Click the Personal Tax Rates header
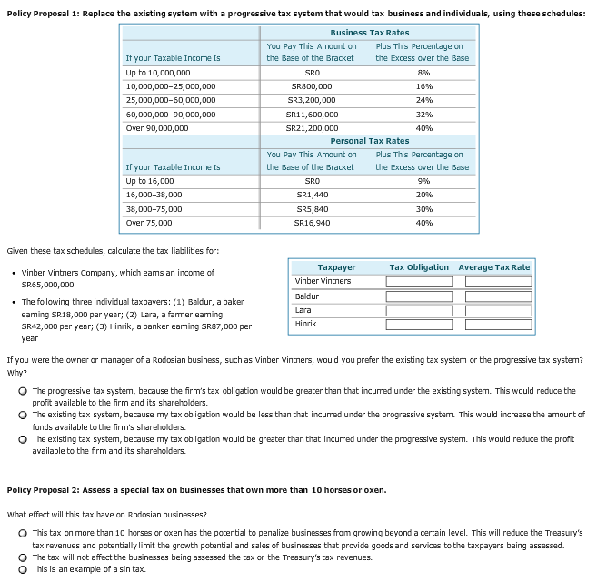[369, 141]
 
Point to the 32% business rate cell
[422, 115]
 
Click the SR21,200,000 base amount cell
[312, 128]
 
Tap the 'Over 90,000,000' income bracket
[157, 128]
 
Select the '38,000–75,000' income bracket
[154, 208]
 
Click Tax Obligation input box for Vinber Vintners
[417, 282]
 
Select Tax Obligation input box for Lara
[417, 311]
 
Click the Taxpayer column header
[336, 267]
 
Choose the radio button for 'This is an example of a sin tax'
[21, 569]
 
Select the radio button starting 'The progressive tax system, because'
[21, 391]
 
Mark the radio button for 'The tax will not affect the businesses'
[21, 557]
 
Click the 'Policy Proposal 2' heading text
[196, 490]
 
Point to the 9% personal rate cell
[422, 181]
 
